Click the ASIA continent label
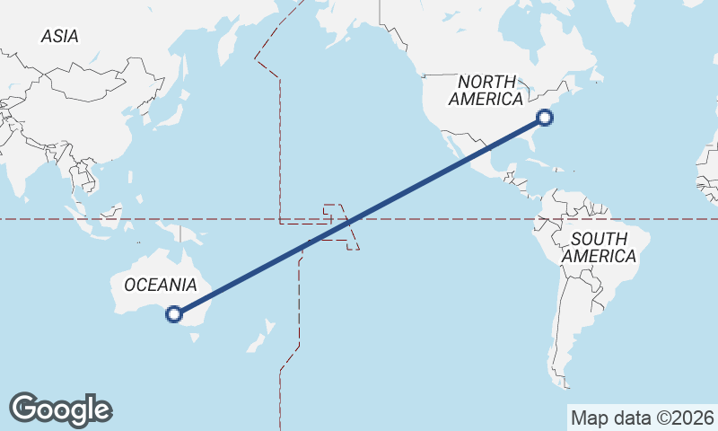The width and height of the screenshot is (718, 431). click(x=60, y=36)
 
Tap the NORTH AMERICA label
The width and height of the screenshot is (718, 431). click(x=486, y=90)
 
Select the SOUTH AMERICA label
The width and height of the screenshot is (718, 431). click(x=600, y=247)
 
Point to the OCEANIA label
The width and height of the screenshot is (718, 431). click(x=160, y=285)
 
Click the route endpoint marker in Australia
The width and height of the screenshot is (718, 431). click(x=174, y=314)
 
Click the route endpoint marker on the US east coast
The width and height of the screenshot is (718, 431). click(x=545, y=117)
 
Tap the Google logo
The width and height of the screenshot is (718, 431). click(x=60, y=409)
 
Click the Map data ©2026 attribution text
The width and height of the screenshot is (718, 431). click(x=642, y=418)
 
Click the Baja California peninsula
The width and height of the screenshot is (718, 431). click(x=446, y=146)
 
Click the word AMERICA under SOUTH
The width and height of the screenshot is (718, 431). click(x=600, y=257)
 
